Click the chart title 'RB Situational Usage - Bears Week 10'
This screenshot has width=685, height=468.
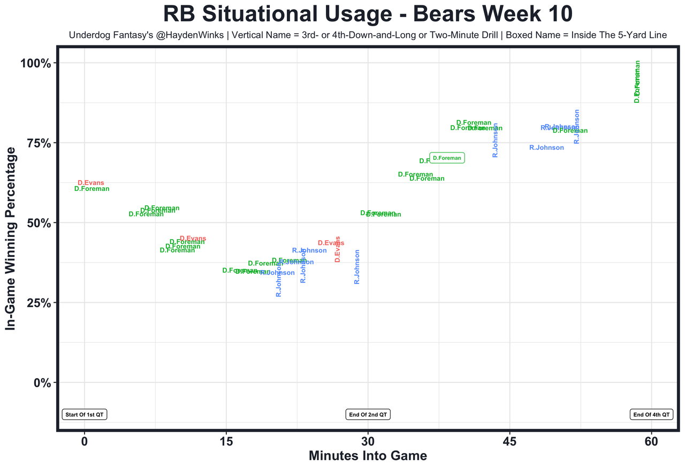[368, 14]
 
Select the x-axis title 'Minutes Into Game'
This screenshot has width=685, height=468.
[368, 456]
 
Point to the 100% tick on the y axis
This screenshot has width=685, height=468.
[35, 64]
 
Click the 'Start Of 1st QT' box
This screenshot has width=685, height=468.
[85, 415]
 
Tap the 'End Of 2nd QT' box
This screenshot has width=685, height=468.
[368, 415]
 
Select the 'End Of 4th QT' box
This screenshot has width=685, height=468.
[651, 415]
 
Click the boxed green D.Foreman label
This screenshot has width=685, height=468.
[447, 158]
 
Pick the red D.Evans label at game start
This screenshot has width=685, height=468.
[91, 183]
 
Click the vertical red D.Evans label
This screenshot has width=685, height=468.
[338, 249]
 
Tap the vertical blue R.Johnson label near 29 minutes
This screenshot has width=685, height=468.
[357, 267]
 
